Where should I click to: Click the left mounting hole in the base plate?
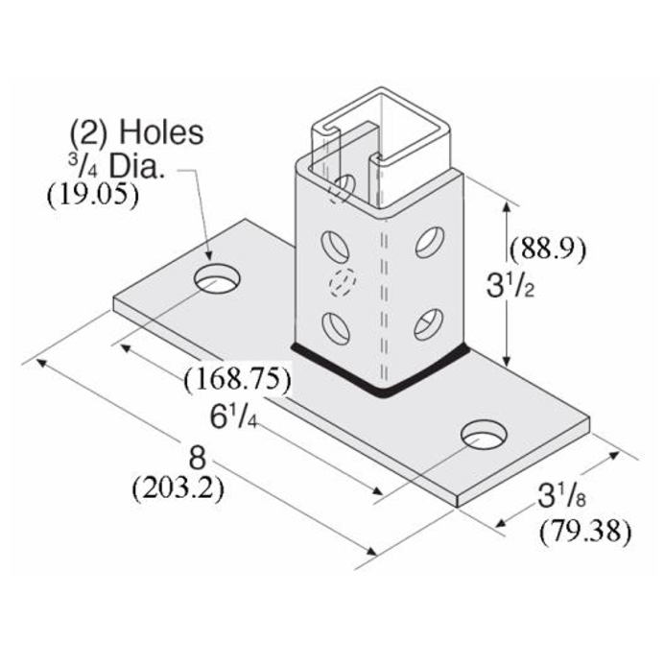[219, 279]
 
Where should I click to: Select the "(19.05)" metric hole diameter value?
[93, 195]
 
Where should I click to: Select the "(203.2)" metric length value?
[178, 488]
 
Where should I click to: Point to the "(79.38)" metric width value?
[584, 529]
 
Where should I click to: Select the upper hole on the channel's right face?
[428, 242]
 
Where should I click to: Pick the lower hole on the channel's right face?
[428, 324]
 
